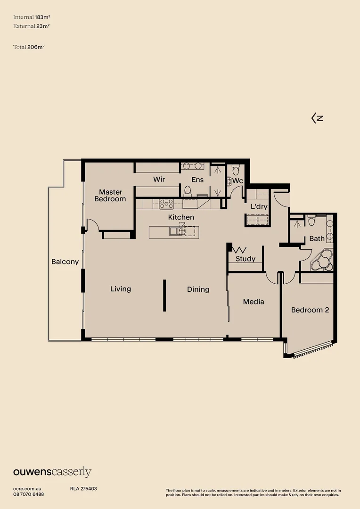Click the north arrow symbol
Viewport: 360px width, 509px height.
tap(317, 118)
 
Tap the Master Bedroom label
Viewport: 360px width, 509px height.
tap(110, 196)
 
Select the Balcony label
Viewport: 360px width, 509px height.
tap(65, 262)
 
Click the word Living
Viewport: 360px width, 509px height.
tap(121, 289)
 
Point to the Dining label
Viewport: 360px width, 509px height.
tap(198, 289)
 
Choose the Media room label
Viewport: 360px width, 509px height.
tap(254, 302)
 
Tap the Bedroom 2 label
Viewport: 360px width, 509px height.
tap(310, 310)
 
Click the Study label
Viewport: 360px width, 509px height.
tap(245, 259)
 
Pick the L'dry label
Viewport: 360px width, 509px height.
tap(259, 206)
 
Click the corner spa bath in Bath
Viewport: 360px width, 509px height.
tap(323, 260)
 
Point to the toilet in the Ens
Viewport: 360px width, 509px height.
tap(187, 190)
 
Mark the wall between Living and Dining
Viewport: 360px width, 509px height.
tap(164, 296)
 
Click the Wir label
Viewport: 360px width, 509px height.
tap(158, 180)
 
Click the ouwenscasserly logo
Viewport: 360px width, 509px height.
tap(52, 472)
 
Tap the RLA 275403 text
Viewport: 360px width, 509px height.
tap(83, 489)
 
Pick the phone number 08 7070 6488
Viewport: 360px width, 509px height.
tap(29, 494)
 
